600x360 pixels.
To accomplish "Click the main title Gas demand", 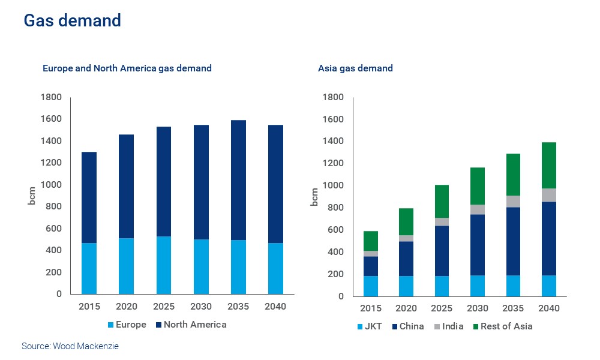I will [x=72, y=21].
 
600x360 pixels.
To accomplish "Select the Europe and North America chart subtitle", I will [x=127, y=68].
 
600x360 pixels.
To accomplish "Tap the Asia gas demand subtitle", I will [x=355, y=68].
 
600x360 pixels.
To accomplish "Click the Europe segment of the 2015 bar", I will [x=89, y=268].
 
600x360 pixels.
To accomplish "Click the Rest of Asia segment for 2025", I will [x=442, y=201].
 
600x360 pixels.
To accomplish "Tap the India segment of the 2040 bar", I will [x=549, y=195].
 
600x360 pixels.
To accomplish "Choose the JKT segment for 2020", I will [x=406, y=286].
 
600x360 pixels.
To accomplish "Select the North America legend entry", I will [x=191, y=325].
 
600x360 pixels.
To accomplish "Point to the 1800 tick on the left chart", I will [x=52, y=97].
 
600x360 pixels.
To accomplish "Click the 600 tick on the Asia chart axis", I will [x=333, y=230].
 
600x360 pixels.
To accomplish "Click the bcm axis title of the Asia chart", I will [x=314, y=196].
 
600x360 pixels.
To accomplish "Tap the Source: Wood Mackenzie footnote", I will [x=70, y=346].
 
